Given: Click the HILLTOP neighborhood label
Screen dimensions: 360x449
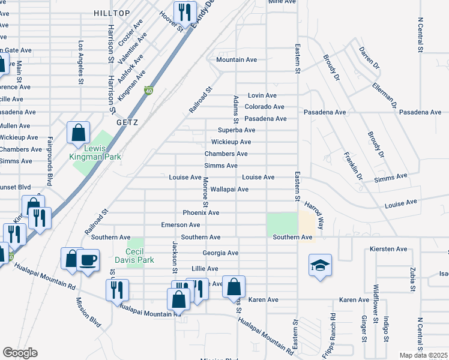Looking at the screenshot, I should point(112,13).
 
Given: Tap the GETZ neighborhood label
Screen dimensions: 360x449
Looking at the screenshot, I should point(127,122).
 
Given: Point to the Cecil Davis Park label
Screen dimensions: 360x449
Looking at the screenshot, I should point(139,256).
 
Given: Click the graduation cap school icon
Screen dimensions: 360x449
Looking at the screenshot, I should point(320,265).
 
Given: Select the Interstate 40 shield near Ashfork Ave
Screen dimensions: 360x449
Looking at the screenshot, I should point(148,91).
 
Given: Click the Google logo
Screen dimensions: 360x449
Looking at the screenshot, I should point(20,353).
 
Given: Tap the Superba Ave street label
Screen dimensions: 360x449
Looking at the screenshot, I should point(237,130).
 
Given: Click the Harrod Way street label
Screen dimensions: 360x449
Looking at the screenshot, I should point(313,215).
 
